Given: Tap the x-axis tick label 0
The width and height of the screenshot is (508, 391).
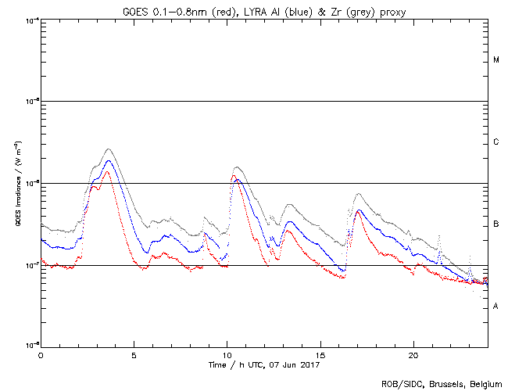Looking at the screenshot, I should point(41,354).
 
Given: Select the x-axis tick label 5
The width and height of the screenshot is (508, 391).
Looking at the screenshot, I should point(134,354).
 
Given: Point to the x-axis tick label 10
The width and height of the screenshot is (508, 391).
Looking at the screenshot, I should point(227,354).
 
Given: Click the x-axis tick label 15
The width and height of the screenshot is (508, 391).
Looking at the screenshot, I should point(320,354).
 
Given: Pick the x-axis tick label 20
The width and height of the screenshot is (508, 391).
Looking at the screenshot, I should point(413,354).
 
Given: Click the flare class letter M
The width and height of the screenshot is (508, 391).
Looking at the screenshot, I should point(496,60).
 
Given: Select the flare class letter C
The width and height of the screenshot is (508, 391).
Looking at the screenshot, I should point(496,142).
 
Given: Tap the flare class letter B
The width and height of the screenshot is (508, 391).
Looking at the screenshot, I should point(496,224).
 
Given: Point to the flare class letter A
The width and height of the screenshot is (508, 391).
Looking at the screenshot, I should point(496,306).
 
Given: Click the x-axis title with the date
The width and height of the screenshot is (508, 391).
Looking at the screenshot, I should point(265,364).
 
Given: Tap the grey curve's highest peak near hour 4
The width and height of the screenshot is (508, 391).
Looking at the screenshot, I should point(109,149).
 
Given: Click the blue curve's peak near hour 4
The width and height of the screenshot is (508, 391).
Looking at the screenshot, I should point(109,161).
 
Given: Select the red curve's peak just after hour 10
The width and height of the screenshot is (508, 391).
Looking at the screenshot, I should point(234,175).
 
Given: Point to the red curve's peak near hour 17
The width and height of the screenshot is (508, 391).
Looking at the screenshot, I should point(358,210).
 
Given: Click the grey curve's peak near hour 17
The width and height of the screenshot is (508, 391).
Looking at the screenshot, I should point(359,193).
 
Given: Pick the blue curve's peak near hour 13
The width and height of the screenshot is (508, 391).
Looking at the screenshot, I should point(290,221).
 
